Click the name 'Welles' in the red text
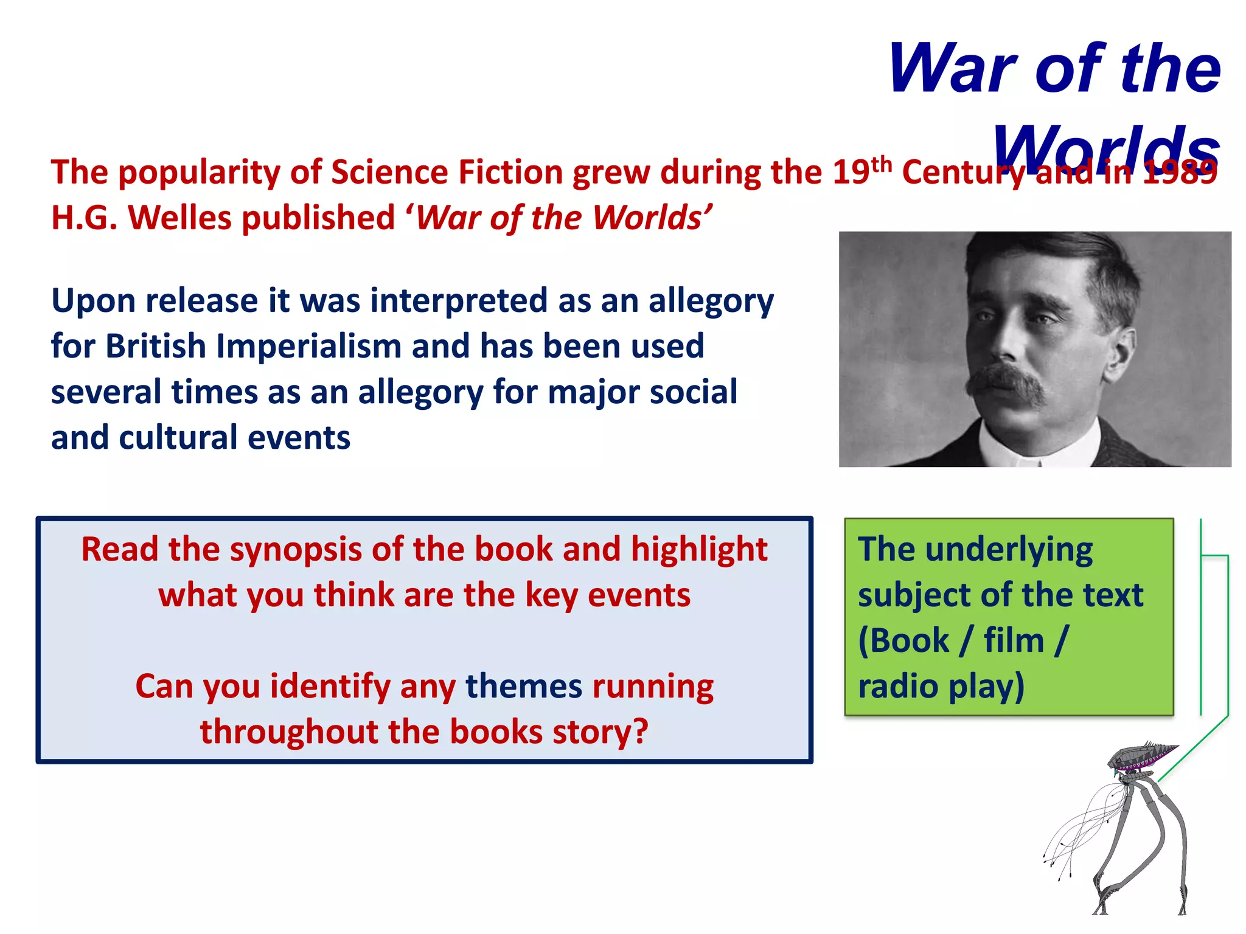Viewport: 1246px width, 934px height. (x=184, y=218)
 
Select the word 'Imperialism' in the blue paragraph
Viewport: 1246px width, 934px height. (x=308, y=346)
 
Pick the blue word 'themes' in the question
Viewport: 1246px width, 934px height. (x=524, y=686)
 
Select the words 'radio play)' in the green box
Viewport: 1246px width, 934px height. (x=941, y=686)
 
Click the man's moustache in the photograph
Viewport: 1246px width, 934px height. (x=1007, y=383)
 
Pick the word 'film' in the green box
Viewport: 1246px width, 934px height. (x=1013, y=640)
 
